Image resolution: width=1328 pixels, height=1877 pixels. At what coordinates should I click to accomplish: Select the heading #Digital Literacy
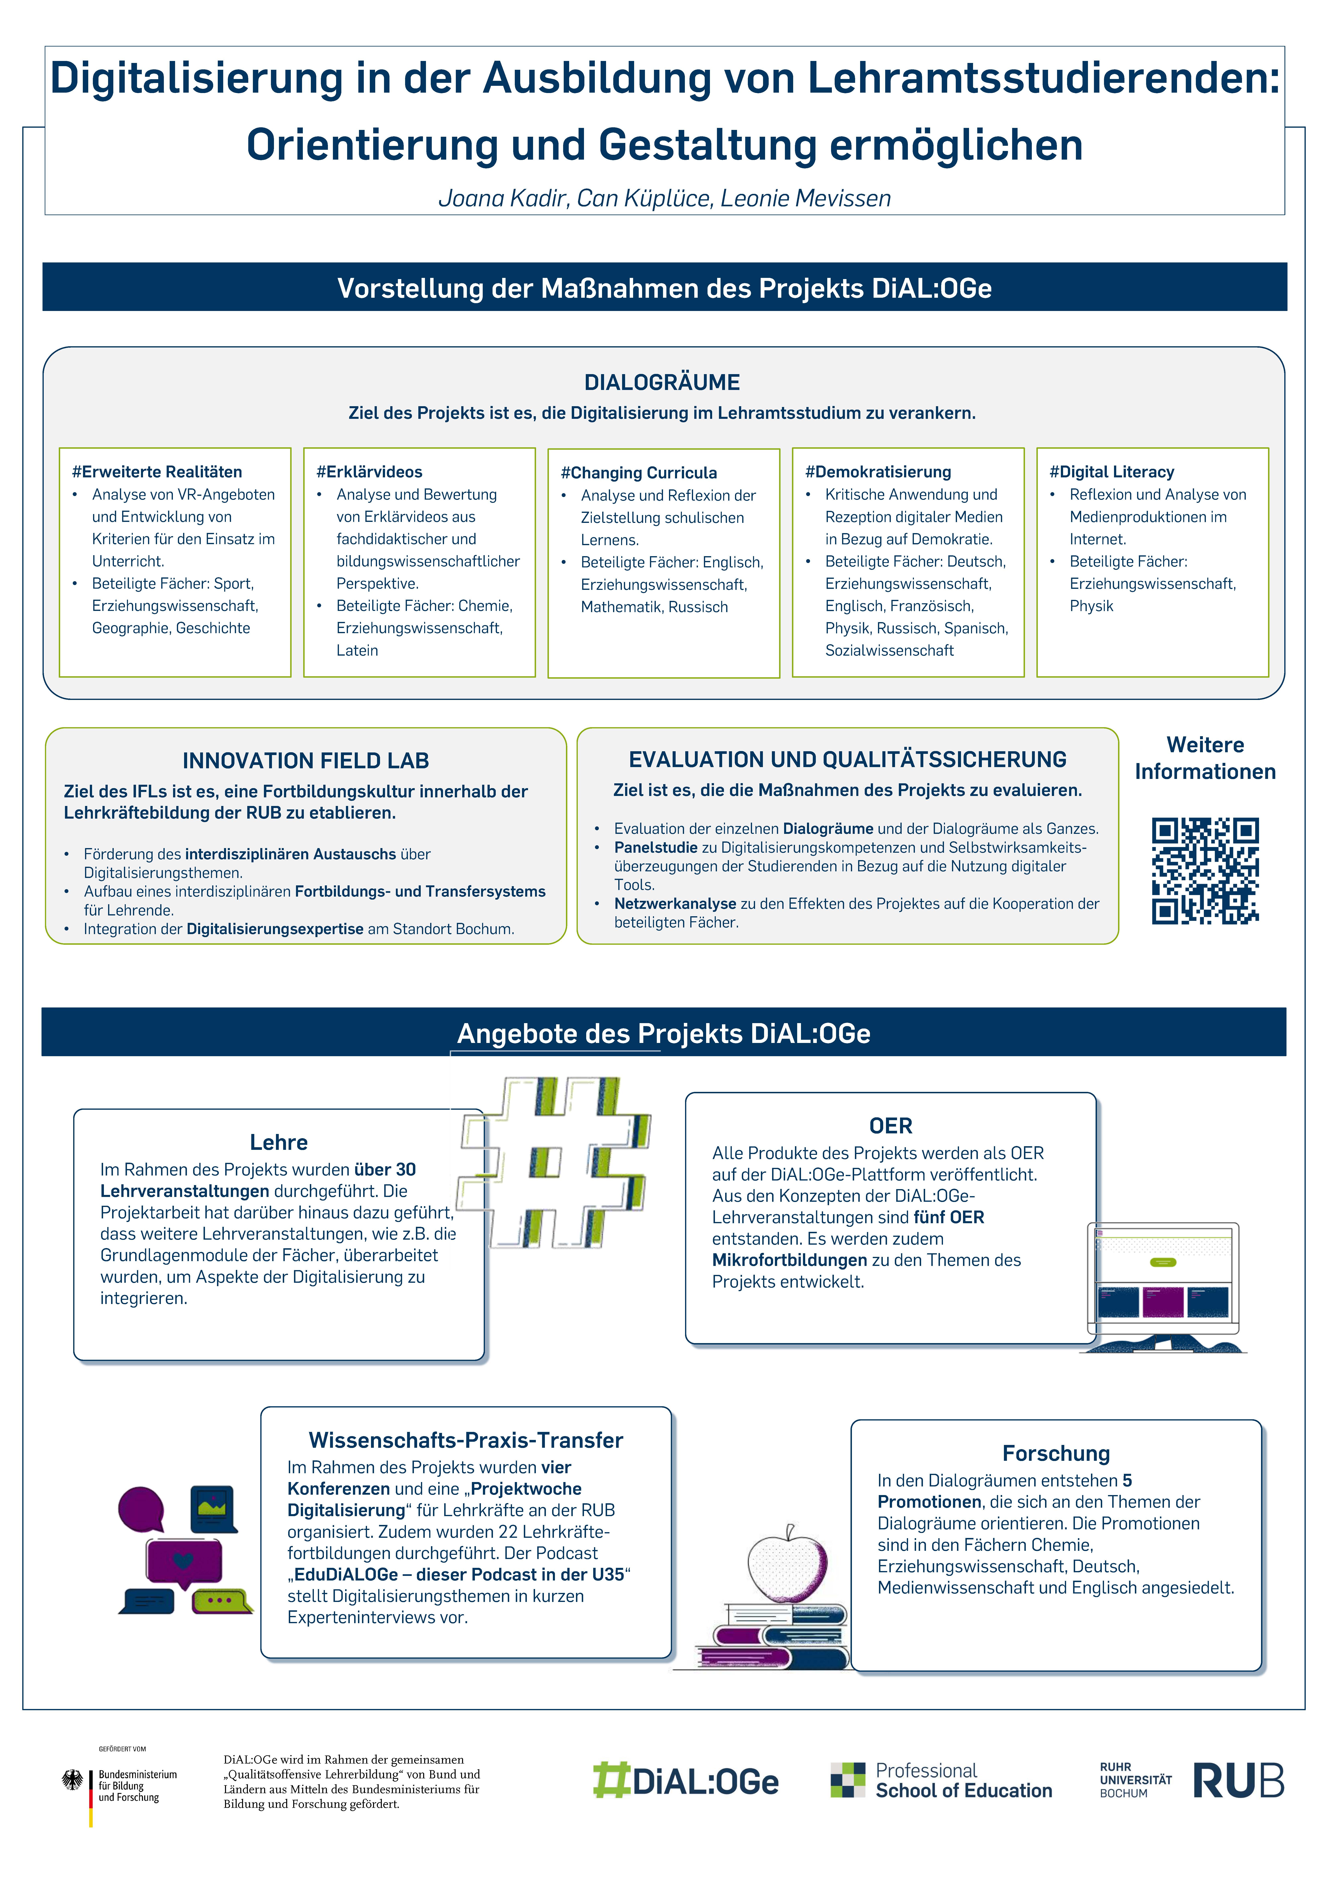pos(1111,472)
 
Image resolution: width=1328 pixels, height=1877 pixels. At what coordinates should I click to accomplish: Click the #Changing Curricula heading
pos(639,473)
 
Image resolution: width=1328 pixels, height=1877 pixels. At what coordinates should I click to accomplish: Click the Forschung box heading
pos(1056,1453)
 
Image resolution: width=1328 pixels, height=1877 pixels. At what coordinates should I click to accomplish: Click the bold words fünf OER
pos(949,1217)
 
